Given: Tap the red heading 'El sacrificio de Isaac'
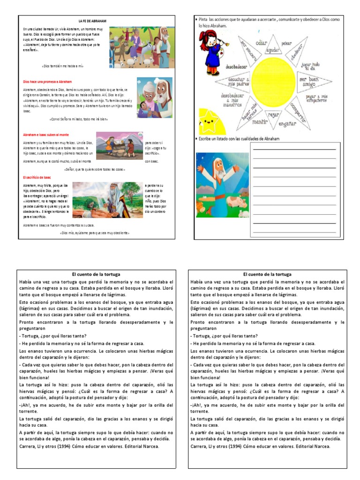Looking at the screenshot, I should pos(37,178).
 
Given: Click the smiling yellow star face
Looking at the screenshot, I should pos(211,123).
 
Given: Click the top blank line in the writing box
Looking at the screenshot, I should pos(294,149).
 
